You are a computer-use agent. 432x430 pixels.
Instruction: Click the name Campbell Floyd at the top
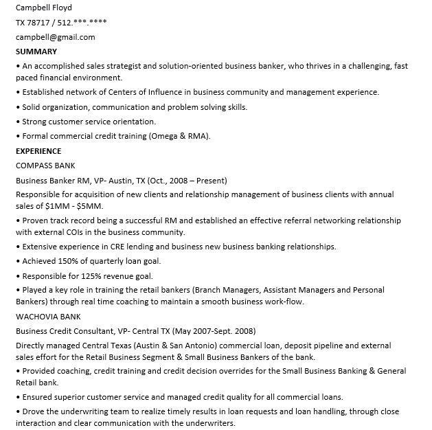(43, 8)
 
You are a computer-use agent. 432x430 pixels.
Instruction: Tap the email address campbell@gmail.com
(55, 37)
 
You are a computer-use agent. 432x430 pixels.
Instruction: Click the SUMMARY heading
(36, 52)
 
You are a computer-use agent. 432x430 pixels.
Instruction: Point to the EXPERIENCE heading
(38, 151)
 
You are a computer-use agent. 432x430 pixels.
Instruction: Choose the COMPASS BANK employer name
(45, 166)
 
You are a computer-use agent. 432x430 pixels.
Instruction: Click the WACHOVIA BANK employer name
(48, 317)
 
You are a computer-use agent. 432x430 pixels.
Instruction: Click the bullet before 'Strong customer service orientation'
(18, 122)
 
